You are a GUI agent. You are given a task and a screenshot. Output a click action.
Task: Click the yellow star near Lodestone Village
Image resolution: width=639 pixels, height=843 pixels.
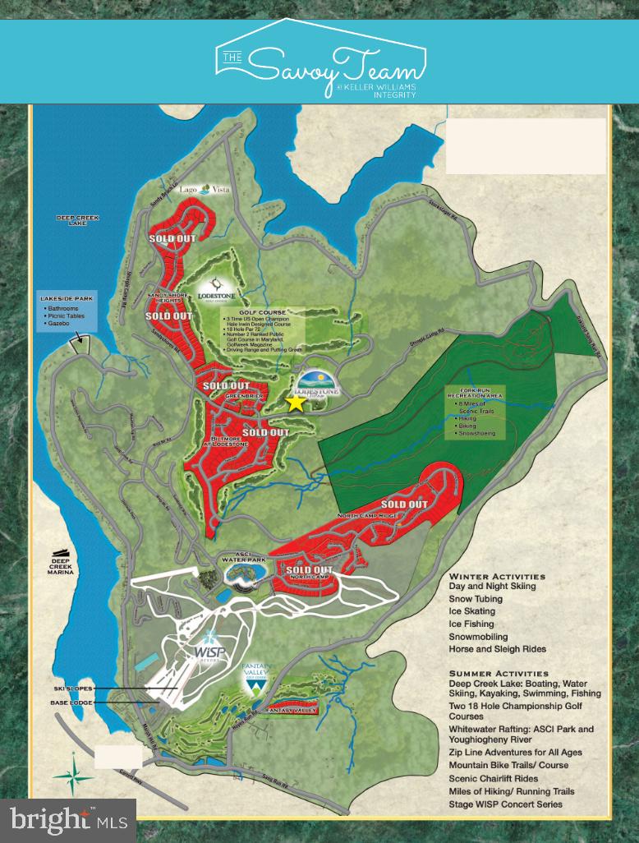295,402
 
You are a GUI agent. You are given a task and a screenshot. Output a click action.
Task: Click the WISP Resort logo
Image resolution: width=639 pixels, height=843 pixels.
209,645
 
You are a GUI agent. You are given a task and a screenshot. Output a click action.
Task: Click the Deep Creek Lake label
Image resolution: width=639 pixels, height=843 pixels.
77,221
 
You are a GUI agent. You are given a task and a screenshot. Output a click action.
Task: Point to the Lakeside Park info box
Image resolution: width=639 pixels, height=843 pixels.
71,311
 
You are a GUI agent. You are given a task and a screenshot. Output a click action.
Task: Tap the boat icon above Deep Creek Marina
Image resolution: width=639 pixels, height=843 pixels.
62,553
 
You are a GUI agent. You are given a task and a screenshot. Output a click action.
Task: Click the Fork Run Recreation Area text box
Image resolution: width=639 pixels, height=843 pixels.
481,412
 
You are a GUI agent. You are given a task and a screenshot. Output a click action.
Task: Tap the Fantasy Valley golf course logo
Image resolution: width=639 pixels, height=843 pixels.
257,679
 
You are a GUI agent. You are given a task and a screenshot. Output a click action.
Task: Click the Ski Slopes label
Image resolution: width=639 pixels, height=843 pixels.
71,688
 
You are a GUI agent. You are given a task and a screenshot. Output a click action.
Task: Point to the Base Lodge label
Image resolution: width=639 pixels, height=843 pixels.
71,702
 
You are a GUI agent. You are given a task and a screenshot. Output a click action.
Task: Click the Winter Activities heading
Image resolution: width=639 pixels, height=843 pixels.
497,576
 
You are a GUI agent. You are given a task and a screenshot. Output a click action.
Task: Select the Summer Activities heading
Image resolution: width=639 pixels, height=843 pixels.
499,673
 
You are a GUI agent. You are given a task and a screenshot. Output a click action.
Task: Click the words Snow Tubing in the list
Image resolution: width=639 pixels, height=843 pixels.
476,599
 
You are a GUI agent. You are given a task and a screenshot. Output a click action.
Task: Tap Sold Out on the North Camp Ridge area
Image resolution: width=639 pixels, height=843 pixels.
404,504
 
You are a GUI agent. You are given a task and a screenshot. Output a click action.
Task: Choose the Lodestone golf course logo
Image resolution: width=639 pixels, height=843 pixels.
216,292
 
